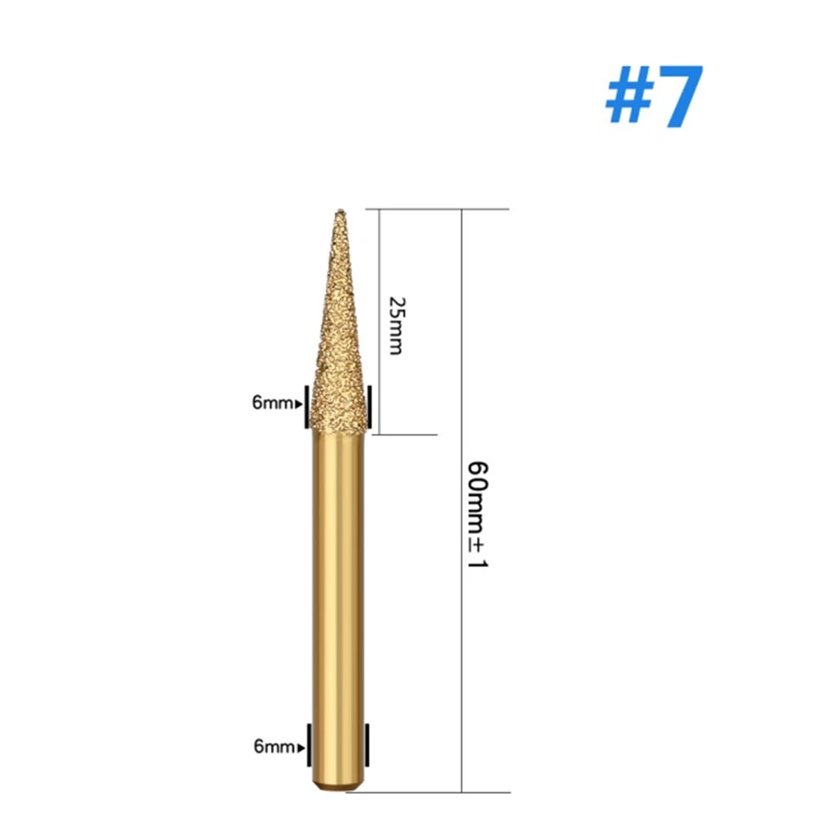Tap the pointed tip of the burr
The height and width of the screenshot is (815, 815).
[x=340, y=211]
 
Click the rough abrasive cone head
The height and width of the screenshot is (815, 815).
[x=340, y=357]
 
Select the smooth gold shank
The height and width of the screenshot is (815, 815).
[x=340, y=577]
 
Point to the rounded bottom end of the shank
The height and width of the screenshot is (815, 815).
[x=340, y=788]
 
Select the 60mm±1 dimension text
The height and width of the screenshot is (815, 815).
[x=476, y=526]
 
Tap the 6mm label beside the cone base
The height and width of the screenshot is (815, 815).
[x=271, y=403]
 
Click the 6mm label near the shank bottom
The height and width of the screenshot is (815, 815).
[x=273, y=747]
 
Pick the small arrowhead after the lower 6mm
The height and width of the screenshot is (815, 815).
[x=300, y=748]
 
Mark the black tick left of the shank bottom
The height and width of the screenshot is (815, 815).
[x=309, y=745]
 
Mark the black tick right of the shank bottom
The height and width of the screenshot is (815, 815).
[x=369, y=745]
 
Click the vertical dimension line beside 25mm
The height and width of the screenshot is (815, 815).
[x=378, y=323]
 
